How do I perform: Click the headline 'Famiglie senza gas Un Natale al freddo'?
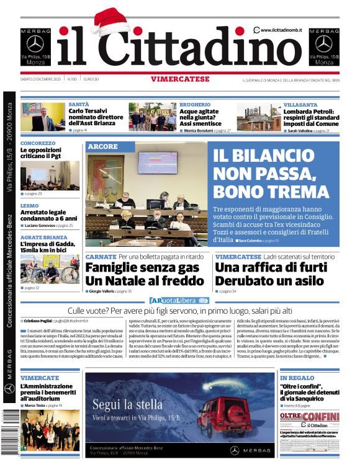point(145,273)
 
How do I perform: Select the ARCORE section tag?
point(102,147)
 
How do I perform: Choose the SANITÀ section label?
point(78,105)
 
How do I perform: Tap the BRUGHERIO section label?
point(195,105)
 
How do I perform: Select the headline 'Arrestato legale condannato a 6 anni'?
point(48,215)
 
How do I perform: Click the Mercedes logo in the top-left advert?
point(36,44)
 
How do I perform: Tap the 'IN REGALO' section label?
point(297,377)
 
